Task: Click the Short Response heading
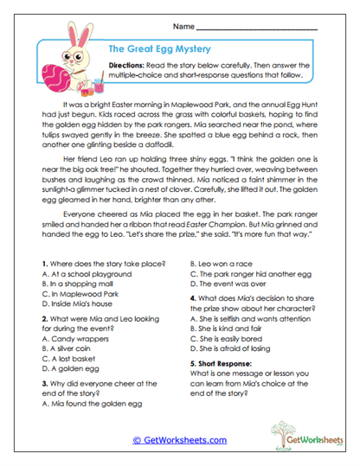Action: [x=222, y=364]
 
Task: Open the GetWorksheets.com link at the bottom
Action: [x=180, y=440]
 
